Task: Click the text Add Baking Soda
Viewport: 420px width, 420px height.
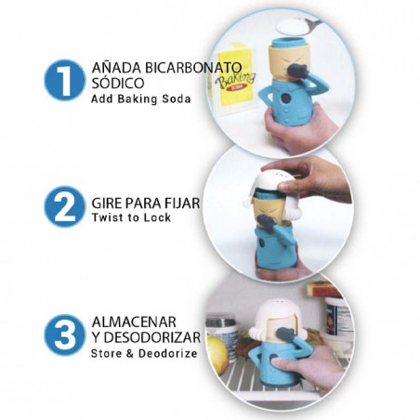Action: [141, 99]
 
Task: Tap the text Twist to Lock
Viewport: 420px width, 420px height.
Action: [130, 217]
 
